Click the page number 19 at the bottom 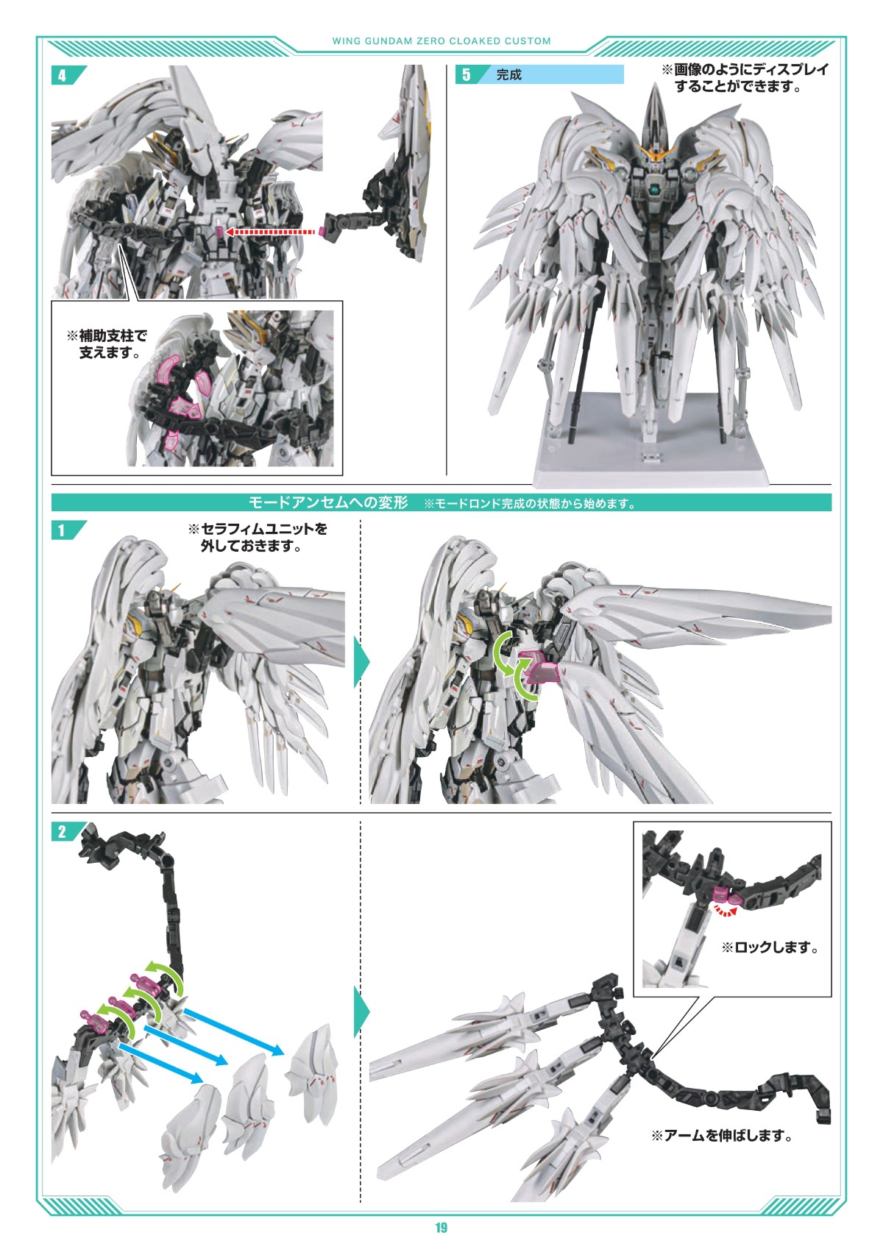pyautogui.click(x=441, y=1228)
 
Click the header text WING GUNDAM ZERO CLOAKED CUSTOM pyautogui.click(x=441, y=40)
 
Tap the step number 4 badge pyautogui.click(x=62, y=76)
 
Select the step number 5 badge pyautogui.click(x=467, y=74)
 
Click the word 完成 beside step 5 pyautogui.click(x=508, y=75)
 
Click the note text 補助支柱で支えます pyautogui.click(x=107, y=344)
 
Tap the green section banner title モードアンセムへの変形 pyautogui.click(x=329, y=502)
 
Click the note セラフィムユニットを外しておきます pyautogui.click(x=258, y=537)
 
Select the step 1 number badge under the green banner pyautogui.click(x=62, y=530)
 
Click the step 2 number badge pyautogui.click(x=62, y=832)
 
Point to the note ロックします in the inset pyautogui.click(x=770, y=947)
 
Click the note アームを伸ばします pyautogui.click(x=721, y=1135)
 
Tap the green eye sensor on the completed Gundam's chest pyautogui.click(x=651, y=191)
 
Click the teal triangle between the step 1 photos pyautogui.click(x=361, y=662)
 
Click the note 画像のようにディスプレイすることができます pyautogui.click(x=745, y=78)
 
